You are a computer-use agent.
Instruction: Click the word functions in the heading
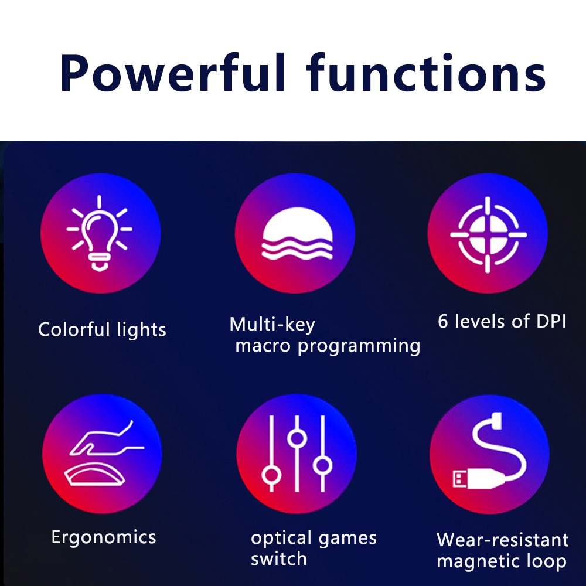coord(426,73)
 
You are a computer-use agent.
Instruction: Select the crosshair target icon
coord(488,235)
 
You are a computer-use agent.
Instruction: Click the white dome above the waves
coord(297,224)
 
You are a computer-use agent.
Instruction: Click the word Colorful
coord(74,329)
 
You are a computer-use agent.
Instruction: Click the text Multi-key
coord(272,325)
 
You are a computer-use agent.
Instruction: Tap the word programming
coord(359,346)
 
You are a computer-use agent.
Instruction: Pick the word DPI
coord(551,321)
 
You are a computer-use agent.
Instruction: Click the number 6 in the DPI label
coord(443,321)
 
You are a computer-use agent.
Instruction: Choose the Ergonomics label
coord(104,538)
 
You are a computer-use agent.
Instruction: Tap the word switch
coord(279,559)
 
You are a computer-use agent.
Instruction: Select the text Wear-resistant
coord(503,540)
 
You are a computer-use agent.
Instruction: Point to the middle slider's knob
coord(297,438)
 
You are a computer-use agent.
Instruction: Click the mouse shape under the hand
coord(95,474)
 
